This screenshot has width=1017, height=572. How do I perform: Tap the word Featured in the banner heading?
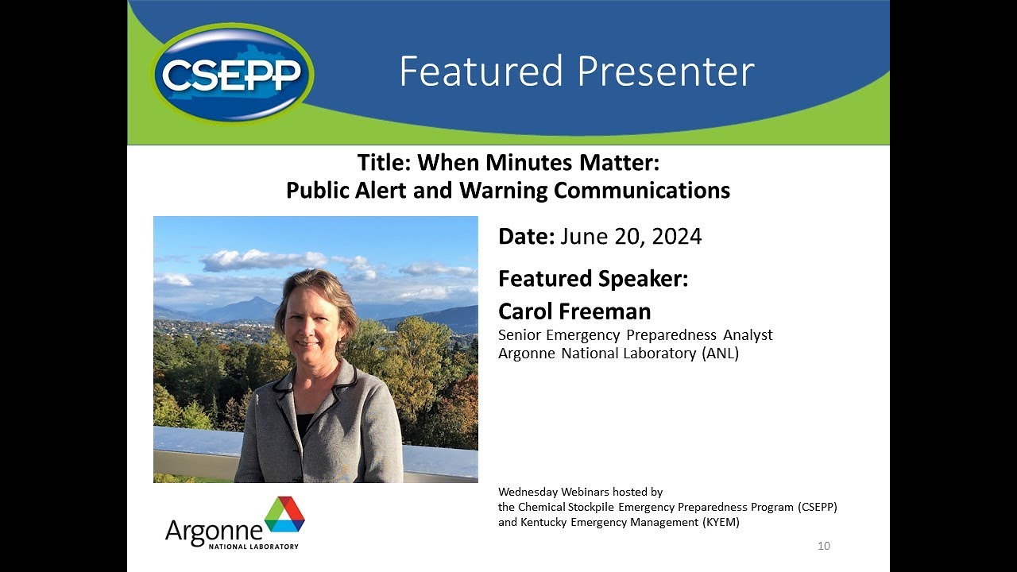point(481,71)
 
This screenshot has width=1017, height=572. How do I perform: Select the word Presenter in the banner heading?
point(665,71)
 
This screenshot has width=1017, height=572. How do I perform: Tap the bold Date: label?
point(526,237)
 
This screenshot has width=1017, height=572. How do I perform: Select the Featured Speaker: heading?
point(593,279)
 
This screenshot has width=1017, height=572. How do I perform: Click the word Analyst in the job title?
point(747,335)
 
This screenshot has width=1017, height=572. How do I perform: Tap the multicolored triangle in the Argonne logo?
point(284,514)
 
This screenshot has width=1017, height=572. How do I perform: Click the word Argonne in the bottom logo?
point(213,531)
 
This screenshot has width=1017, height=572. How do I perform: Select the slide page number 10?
point(823,546)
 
